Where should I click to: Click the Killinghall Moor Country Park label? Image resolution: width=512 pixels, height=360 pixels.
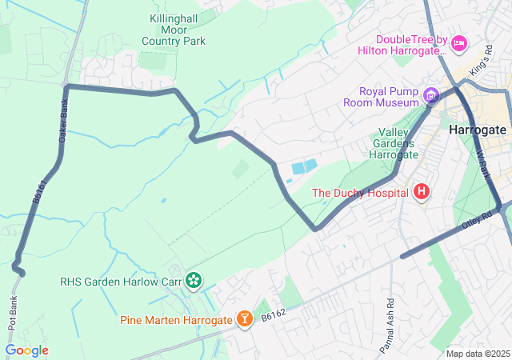(x=174, y=30)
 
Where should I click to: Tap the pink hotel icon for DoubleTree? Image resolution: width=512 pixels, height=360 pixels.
(x=459, y=43)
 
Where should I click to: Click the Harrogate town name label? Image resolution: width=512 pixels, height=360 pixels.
(x=478, y=130)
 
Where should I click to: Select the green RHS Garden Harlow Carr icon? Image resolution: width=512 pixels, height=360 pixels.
(x=193, y=280)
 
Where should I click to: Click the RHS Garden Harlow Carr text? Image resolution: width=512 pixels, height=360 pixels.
(x=120, y=281)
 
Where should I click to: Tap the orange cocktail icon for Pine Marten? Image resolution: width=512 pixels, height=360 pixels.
(x=244, y=320)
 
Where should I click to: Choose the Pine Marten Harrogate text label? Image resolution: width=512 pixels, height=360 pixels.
(x=176, y=320)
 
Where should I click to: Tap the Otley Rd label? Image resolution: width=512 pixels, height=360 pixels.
(x=478, y=218)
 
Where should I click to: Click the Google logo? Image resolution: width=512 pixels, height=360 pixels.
(x=26, y=350)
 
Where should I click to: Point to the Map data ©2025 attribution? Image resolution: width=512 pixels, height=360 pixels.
(x=478, y=354)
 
